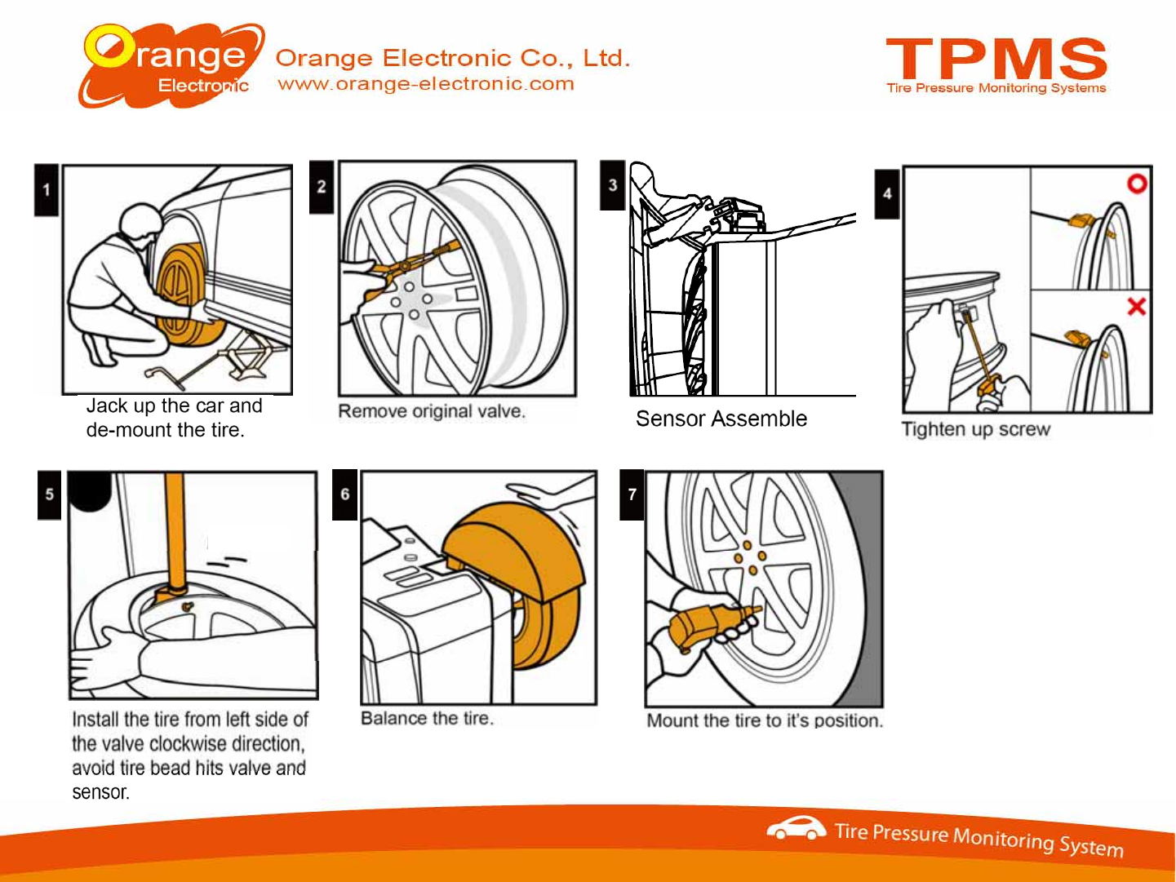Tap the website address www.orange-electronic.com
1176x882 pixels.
coord(426,83)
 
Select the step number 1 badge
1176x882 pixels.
coord(47,190)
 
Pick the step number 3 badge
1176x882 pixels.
coord(613,185)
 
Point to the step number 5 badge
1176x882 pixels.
coord(50,494)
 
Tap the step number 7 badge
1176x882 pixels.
coord(632,494)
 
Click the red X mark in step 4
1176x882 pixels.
coord(1136,307)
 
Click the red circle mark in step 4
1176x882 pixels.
coord(1137,184)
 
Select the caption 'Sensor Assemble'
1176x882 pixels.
coord(721,419)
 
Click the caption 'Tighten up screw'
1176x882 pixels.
coord(975,429)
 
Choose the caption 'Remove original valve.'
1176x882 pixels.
coord(432,411)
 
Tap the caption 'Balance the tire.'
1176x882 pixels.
coord(427,718)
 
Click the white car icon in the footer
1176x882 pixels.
coord(796,828)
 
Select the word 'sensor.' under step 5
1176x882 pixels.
coord(100,792)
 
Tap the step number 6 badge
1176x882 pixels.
coord(345,494)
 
